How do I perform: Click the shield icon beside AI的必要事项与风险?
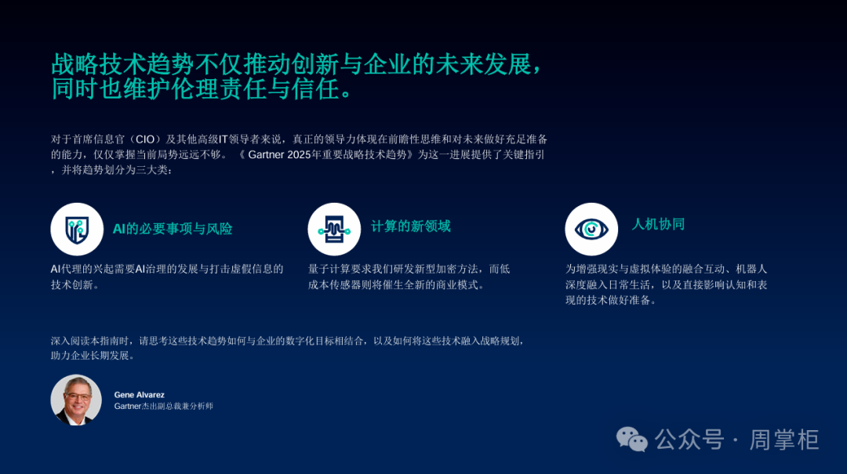click(x=77, y=230)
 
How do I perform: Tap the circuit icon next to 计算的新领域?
click(x=334, y=230)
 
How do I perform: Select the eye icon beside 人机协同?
click(x=591, y=230)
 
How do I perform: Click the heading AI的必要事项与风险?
click(x=173, y=229)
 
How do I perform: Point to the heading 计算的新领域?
click(x=410, y=226)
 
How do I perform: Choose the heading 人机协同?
click(x=658, y=224)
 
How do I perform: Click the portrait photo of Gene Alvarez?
click(x=76, y=400)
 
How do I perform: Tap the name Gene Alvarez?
click(x=140, y=395)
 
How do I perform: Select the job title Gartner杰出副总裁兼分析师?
click(x=164, y=406)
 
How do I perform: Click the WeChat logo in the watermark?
click(x=632, y=440)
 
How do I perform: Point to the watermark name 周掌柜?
click(x=783, y=440)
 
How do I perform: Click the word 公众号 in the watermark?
click(x=689, y=440)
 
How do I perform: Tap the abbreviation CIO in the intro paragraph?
click(x=145, y=139)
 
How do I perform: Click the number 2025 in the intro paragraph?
click(x=300, y=155)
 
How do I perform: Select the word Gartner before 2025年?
click(x=267, y=155)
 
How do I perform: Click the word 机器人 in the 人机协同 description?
click(x=751, y=269)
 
